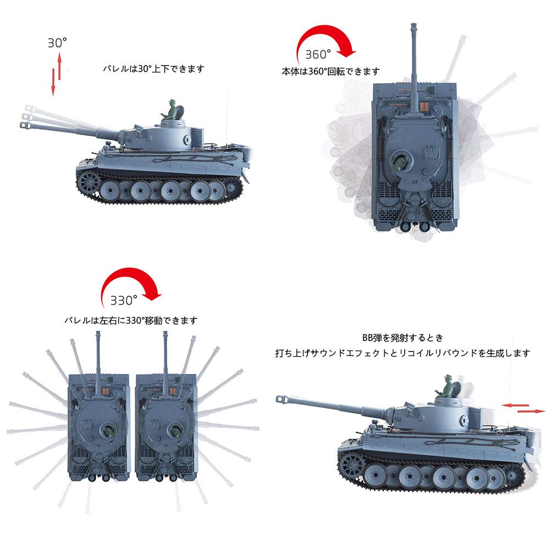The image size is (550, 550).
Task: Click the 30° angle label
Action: click(57, 43)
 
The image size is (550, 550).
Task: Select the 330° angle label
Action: click(123, 300)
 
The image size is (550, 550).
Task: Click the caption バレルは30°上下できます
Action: click(153, 69)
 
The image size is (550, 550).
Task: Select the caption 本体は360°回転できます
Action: click(330, 71)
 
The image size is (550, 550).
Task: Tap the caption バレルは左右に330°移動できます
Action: click(130, 320)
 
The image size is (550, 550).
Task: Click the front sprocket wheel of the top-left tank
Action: click(87, 181)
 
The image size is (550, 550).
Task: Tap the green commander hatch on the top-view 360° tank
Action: click(401, 161)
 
